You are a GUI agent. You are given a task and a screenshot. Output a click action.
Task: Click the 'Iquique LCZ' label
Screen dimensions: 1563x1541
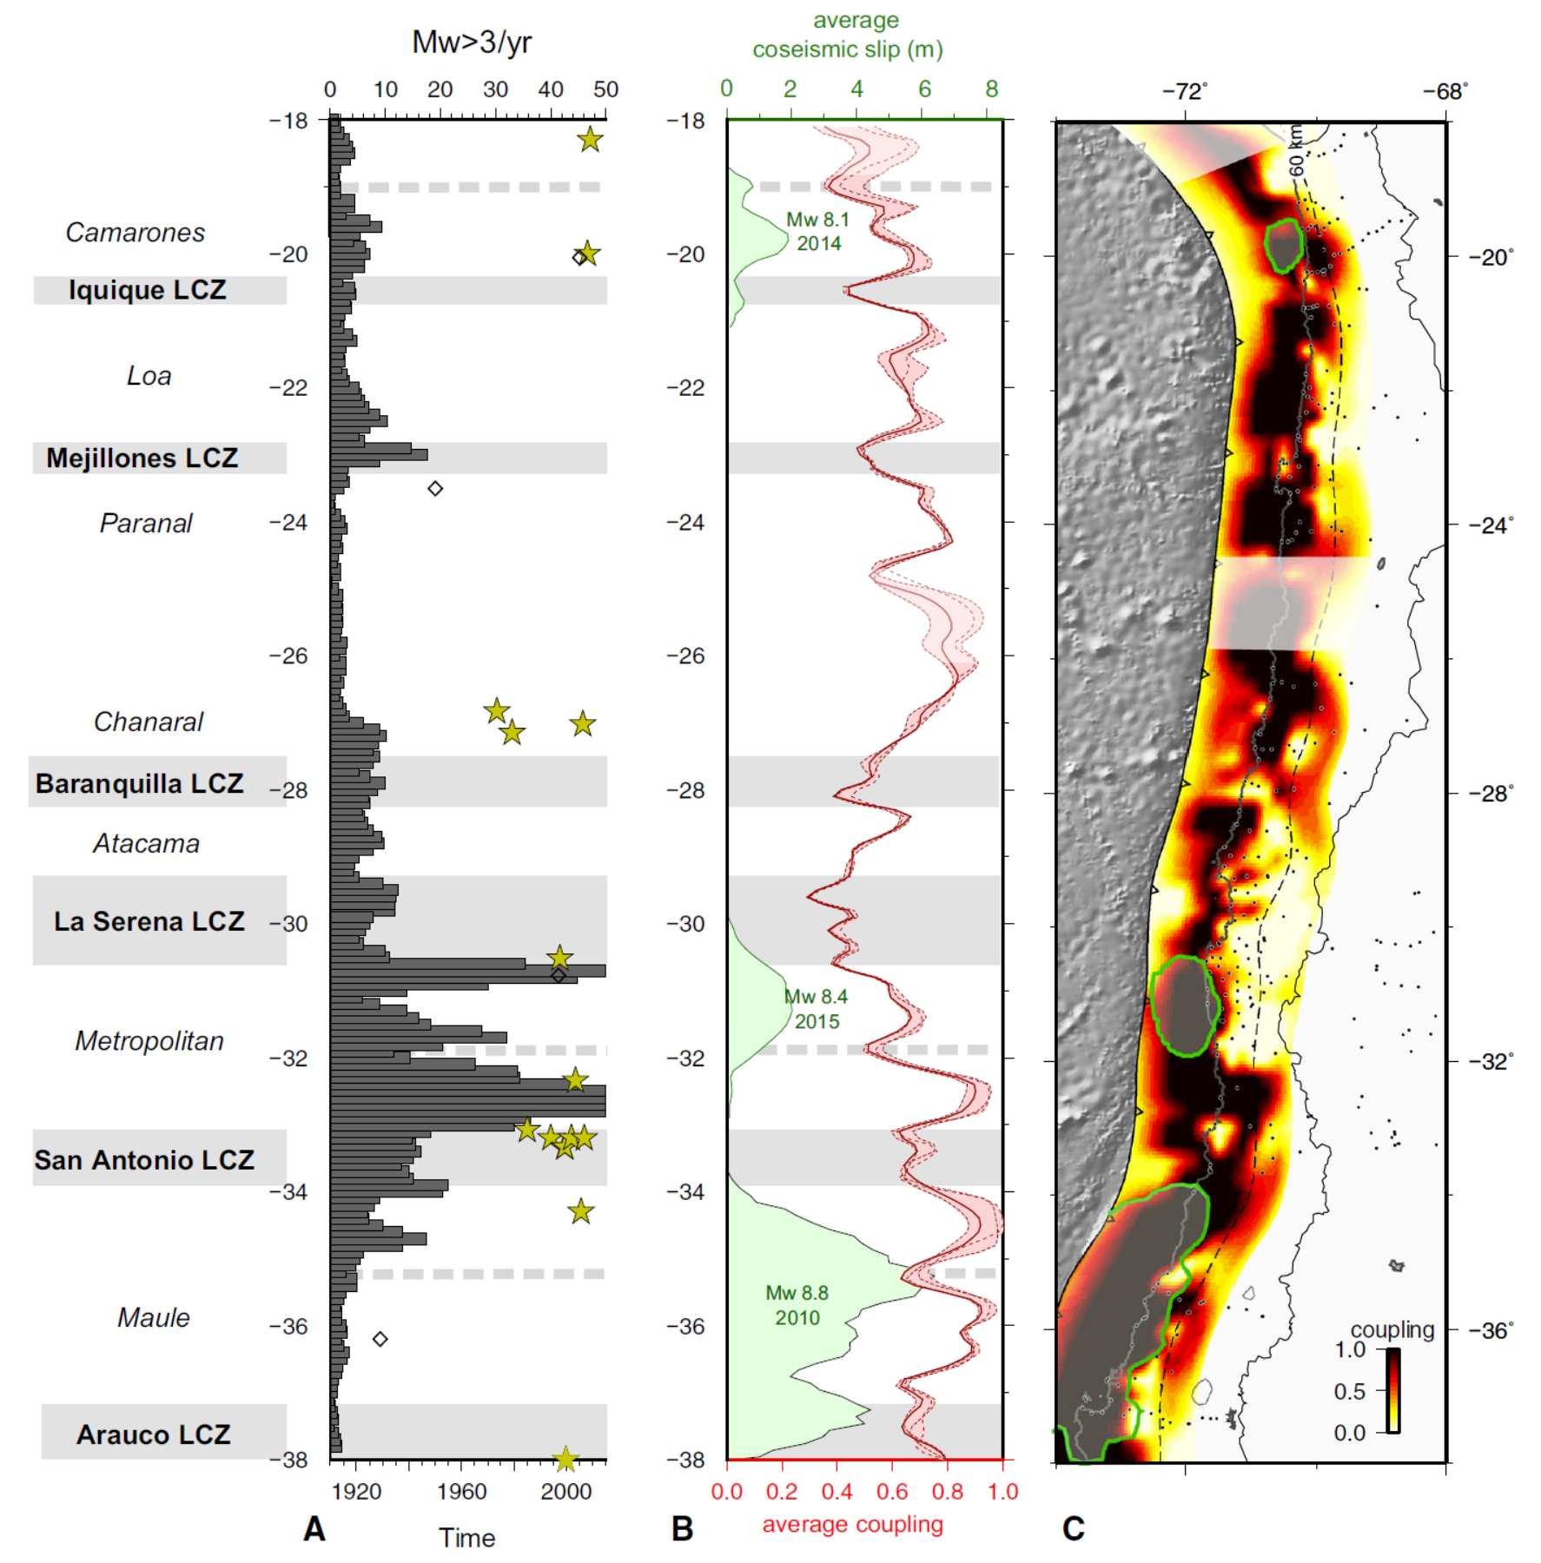147,290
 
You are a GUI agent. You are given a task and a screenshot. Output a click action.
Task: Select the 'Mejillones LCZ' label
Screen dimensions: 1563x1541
142,458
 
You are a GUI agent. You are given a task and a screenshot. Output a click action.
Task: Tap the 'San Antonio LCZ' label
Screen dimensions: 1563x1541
144,1159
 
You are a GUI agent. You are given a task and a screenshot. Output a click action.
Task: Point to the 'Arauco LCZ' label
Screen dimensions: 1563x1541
154,1434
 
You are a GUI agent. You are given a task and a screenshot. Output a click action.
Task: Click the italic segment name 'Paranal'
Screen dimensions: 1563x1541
146,523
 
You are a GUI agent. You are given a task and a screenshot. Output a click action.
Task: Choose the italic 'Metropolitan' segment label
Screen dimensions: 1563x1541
149,1040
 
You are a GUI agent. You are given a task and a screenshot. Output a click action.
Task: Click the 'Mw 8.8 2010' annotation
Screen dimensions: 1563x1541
797,1305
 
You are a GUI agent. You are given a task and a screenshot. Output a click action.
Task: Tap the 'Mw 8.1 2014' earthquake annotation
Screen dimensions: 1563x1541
817,231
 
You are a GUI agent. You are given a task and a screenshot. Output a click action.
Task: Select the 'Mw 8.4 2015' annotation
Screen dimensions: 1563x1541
816,1008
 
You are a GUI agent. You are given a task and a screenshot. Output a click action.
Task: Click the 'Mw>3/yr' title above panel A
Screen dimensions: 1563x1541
471,42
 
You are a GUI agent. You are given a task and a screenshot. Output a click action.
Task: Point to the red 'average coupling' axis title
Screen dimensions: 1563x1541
852,1524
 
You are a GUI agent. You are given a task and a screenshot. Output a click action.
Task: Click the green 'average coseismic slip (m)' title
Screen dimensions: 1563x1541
848,35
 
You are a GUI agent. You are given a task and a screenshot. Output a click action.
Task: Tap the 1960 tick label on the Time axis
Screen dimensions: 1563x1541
461,1491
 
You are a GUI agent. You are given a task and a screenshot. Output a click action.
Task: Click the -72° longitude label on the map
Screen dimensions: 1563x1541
1185,91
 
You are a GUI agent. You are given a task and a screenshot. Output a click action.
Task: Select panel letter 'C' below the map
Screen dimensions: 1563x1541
1074,1529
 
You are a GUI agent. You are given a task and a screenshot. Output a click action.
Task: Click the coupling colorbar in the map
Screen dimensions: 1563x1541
1392,1389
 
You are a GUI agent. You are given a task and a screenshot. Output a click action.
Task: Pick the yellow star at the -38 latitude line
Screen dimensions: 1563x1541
565,1459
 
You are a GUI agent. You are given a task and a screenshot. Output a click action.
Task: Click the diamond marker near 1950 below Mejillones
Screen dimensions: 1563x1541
435,489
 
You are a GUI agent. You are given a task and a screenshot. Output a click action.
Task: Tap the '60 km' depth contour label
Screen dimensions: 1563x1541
1296,150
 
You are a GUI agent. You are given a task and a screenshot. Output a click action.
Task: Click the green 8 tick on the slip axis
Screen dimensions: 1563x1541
992,89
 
